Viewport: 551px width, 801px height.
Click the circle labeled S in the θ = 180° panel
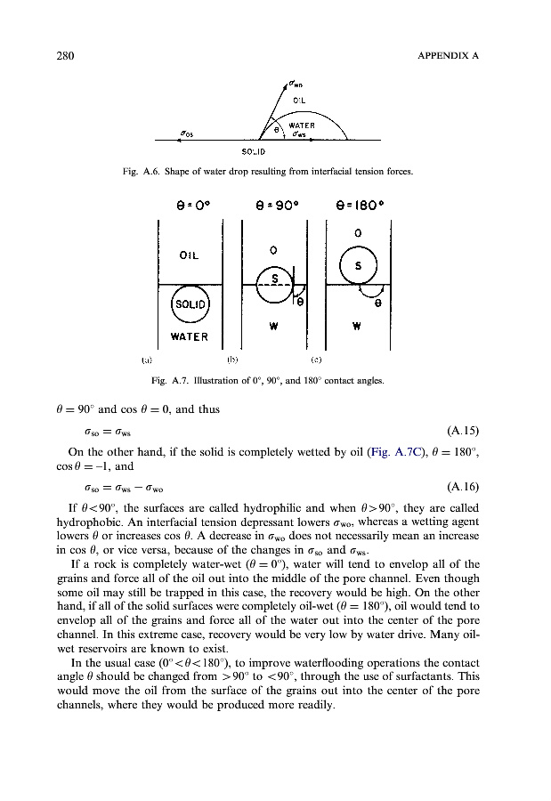[x=358, y=264]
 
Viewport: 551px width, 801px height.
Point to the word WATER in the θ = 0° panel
[x=187, y=337]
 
